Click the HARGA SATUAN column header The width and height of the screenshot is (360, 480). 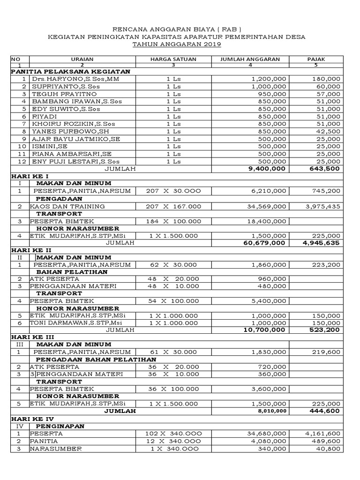pos(173,59)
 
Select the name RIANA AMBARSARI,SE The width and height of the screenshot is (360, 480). pos(72,154)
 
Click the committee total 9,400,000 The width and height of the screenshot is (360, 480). pos(266,169)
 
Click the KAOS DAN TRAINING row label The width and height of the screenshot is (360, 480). pos(67,206)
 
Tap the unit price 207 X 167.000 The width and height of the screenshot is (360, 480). pos(173,206)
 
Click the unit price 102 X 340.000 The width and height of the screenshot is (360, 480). pos(173,434)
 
